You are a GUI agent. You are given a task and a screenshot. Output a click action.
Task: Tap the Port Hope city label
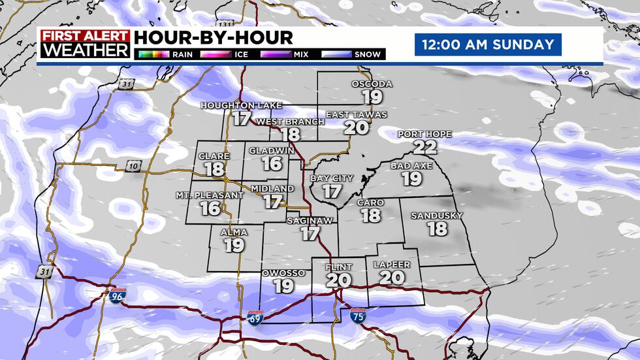pos(424,135)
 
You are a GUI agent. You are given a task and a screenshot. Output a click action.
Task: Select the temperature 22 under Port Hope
pos(424,147)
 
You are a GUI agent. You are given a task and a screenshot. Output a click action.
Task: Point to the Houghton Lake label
pos(241,105)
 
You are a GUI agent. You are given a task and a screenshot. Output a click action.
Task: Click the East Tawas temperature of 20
pos(357,127)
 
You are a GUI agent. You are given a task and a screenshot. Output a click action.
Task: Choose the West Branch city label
pos(290,122)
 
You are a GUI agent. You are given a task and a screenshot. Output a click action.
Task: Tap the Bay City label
pos(332,178)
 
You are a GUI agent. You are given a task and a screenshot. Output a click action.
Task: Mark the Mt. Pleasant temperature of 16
pos(210,208)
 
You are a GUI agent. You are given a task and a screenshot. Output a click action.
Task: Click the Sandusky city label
pos(437,216)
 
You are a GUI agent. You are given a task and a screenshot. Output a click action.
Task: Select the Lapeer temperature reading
pos(392,277)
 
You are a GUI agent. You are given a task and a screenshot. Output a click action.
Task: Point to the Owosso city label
pos(283,272)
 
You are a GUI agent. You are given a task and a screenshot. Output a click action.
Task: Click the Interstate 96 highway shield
pos(118,296)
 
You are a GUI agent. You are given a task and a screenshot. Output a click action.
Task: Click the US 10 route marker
pos(133,166)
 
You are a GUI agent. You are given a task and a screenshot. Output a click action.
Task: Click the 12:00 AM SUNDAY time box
pos(487,45)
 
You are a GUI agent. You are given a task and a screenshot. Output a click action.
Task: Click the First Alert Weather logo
pos(85,44)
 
